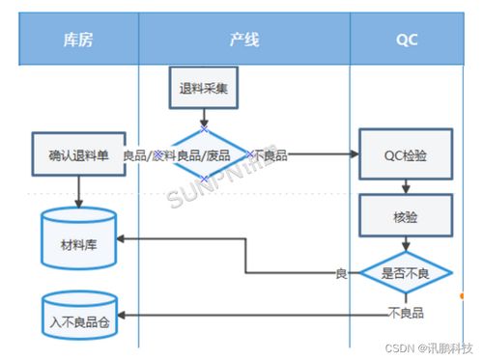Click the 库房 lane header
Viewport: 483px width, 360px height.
77,40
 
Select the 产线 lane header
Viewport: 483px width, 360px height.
243,40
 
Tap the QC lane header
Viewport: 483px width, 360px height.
407,40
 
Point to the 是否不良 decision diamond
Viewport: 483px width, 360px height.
406,273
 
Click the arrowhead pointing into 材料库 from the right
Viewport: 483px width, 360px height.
123,238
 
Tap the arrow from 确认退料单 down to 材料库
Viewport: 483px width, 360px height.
78,192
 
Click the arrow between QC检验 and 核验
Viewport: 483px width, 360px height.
406,187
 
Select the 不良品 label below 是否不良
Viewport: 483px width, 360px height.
405,312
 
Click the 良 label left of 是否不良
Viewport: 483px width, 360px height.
340,274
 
